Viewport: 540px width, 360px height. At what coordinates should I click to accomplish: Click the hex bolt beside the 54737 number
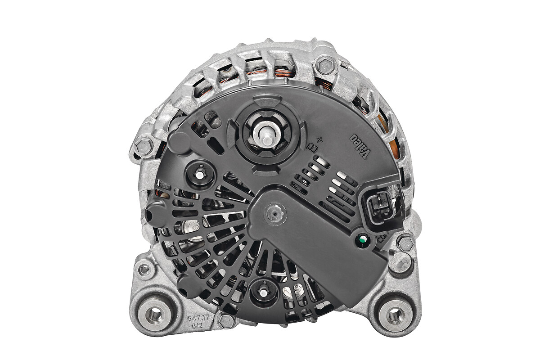[x=226, y=321]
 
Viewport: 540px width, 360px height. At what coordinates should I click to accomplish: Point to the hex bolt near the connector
[x=406, y=243]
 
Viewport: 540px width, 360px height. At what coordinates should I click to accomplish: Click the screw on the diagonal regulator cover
[x=275, y=213]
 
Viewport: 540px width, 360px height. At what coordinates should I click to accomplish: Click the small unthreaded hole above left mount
[x=144, y=270]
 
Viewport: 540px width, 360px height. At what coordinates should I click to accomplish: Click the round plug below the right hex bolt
[x=400, y=262]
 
